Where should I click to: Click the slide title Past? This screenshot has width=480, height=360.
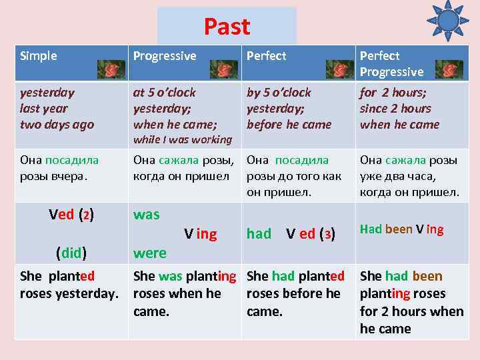(x=227, y=27)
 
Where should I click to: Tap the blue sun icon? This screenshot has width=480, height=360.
(x=447, y=21)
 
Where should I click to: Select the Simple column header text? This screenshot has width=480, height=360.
(x=39, y=56)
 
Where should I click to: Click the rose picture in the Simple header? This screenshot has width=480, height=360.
(x=111, y=69)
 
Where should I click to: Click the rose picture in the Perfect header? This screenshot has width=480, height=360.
(x=339, y=69)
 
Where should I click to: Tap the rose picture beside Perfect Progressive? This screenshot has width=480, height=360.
(x=448, y=69)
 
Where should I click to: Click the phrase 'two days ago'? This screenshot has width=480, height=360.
(x=57, y=124)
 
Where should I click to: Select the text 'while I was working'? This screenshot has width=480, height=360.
(x=182, y=139)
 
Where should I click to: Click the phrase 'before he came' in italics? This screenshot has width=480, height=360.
(x=289, y=124)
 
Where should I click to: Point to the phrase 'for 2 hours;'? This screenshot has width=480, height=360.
(x=393, y=93)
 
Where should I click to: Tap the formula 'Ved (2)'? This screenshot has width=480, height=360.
(x=71, y=215)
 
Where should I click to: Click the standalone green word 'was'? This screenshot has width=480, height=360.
(x=147, y=215)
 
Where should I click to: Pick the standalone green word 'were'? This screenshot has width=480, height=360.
(x=150, y=253)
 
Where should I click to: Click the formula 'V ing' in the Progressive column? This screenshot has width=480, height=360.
(x=201, y=234)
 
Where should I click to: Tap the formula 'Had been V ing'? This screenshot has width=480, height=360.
(x=401, y=229)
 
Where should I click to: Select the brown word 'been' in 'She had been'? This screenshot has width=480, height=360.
(x=427, y=276)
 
